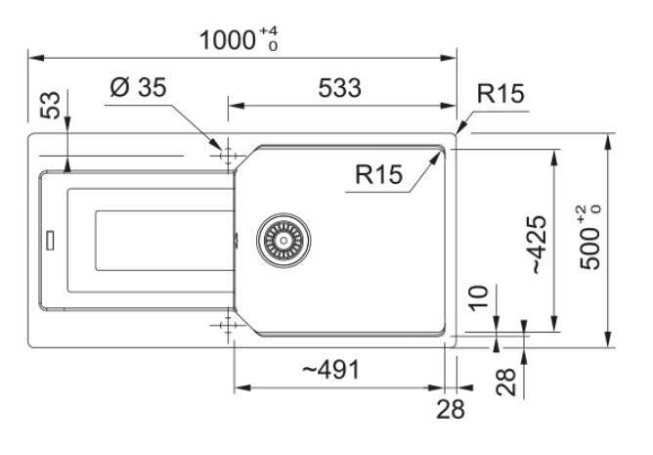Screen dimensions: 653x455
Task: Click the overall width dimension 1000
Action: pos(227,40)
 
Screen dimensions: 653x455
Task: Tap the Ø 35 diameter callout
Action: pos(138,88)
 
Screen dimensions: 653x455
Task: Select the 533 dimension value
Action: pos(339,88)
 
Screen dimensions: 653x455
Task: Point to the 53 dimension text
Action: pos(50,105)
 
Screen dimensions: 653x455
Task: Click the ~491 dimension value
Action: pos(330,370)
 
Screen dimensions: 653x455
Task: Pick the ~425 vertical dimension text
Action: pos(539,245)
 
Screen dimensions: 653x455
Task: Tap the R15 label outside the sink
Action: pos(501,93)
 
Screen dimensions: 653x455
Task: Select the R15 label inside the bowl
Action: pos(378,174)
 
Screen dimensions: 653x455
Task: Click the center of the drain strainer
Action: pos(283,240)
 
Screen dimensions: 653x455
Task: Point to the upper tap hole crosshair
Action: pos(228,156)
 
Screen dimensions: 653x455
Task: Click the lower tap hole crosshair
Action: pos(228,325)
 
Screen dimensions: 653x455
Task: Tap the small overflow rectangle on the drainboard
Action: pos(51,240)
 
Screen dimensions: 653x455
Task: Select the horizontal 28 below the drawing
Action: pos(451,409)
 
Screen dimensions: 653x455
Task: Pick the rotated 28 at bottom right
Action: pos(506,382)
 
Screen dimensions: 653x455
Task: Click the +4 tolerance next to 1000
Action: pos(268,31)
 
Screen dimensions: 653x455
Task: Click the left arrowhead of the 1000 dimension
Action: pos(36,58)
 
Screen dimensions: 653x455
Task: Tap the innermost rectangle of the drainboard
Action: pos(165,241)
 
